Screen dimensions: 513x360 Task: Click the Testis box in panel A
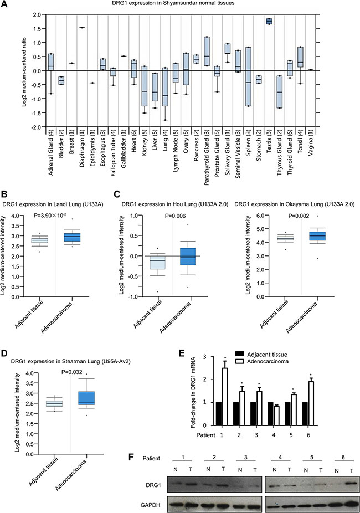coord(285,21)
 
